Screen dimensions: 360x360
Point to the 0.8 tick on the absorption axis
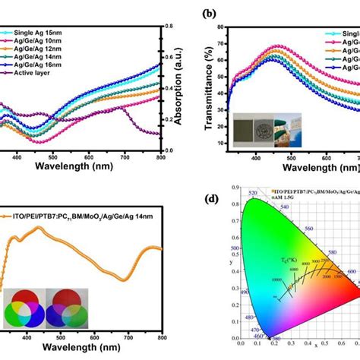(x=170, y=27)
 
